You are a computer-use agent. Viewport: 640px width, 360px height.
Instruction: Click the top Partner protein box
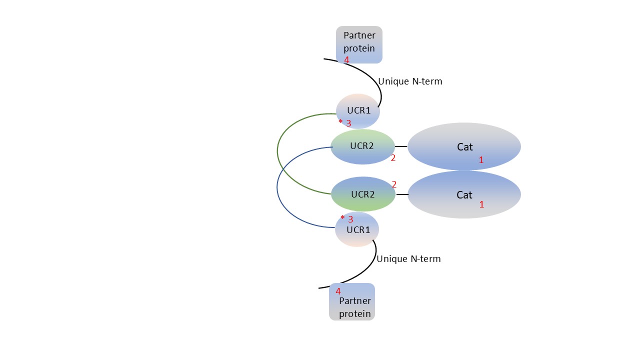(359, 44)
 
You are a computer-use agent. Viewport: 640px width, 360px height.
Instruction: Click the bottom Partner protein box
(352, 301)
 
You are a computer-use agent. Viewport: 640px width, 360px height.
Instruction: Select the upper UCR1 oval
(358, 111)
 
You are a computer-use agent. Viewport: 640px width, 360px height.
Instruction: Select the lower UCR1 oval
(357, 229)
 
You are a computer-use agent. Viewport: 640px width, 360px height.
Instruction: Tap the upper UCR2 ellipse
(362, 146)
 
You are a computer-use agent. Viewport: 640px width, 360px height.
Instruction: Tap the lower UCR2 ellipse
(363, 194)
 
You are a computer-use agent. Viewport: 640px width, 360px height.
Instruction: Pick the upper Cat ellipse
(464, 146)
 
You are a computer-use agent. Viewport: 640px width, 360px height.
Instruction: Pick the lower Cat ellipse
(464, 194)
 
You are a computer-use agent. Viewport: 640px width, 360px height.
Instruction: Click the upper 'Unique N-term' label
(410, 81)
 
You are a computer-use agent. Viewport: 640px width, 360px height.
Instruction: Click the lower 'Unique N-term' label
(408, 259)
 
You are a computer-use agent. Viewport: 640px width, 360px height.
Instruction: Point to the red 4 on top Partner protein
(346, 60)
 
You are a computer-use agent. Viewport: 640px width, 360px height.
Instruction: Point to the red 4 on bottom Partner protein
(338, 291)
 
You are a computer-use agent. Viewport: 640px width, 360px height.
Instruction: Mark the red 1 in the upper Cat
(481, 160)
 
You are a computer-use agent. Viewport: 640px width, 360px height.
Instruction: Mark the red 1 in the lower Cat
(481, 204)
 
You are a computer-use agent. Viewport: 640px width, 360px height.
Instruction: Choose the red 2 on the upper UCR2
(393, 158)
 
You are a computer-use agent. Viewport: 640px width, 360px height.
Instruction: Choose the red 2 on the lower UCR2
(394, 184)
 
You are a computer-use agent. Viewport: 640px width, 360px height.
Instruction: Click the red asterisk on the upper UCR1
(340, 121)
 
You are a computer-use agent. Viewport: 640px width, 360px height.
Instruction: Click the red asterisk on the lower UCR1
(342, 217)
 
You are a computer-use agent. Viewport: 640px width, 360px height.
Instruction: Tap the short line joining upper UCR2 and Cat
(401, 146)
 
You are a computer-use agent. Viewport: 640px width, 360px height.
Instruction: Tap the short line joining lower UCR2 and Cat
(402, 194)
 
